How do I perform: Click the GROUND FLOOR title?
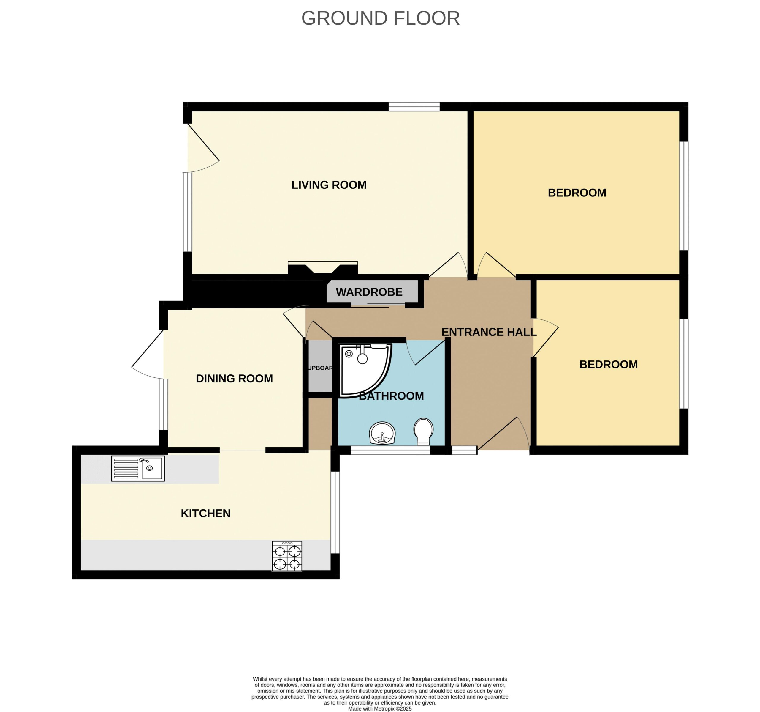point(380,18)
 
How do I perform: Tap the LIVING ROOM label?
point(329,185)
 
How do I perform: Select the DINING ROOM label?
point(234,378)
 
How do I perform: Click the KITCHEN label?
point(206,513)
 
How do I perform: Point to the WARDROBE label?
point(369,292)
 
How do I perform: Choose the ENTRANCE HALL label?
point(489,332)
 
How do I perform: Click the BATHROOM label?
point(392,396)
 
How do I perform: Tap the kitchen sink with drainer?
point(138,468)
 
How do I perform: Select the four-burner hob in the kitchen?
point(287,556)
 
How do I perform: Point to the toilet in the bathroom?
point(423,431)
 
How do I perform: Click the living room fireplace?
point(323,267)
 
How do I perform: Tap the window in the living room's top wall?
point(414,106)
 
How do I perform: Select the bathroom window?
point(391,450)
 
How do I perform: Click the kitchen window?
point(335,512)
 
